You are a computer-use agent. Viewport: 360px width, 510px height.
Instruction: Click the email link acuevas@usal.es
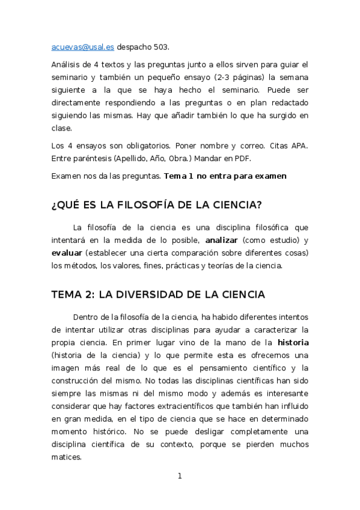coord(83,47)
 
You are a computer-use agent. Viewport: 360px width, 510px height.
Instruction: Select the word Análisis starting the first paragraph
coord(68,64)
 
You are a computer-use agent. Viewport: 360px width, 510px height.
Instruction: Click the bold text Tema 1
coord(180,176)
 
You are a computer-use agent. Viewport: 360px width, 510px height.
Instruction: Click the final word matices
coord(66,456)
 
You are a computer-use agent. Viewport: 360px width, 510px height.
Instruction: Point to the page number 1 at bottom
coord(180,476)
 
